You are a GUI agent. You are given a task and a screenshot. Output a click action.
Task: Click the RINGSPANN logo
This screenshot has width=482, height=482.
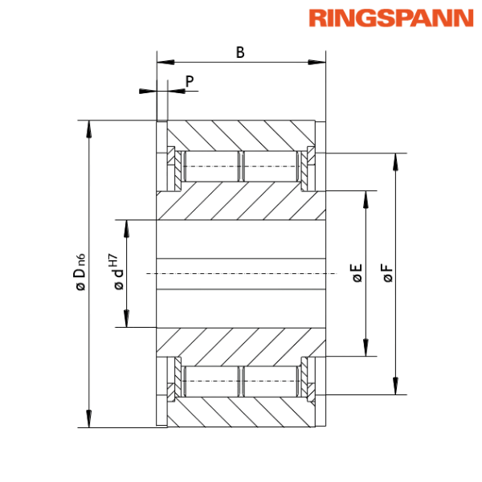[390, 18]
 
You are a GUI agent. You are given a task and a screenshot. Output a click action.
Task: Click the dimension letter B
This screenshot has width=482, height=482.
[240, 53]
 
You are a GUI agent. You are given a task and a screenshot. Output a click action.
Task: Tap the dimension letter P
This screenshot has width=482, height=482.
[190, 80]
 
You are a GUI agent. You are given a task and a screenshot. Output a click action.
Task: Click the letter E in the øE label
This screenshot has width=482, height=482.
[357, 272]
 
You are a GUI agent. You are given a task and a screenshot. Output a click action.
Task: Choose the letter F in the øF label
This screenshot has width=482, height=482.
[388, 272]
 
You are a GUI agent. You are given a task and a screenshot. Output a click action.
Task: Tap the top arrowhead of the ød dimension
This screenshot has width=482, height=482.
[125, 225]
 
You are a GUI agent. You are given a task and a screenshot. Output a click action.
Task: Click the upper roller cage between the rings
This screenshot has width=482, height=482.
[241, 166]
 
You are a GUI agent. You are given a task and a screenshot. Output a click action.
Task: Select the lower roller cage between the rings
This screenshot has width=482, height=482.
[241, 381]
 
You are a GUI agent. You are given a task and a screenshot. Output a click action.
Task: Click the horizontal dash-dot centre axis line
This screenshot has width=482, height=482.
[241, 274]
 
